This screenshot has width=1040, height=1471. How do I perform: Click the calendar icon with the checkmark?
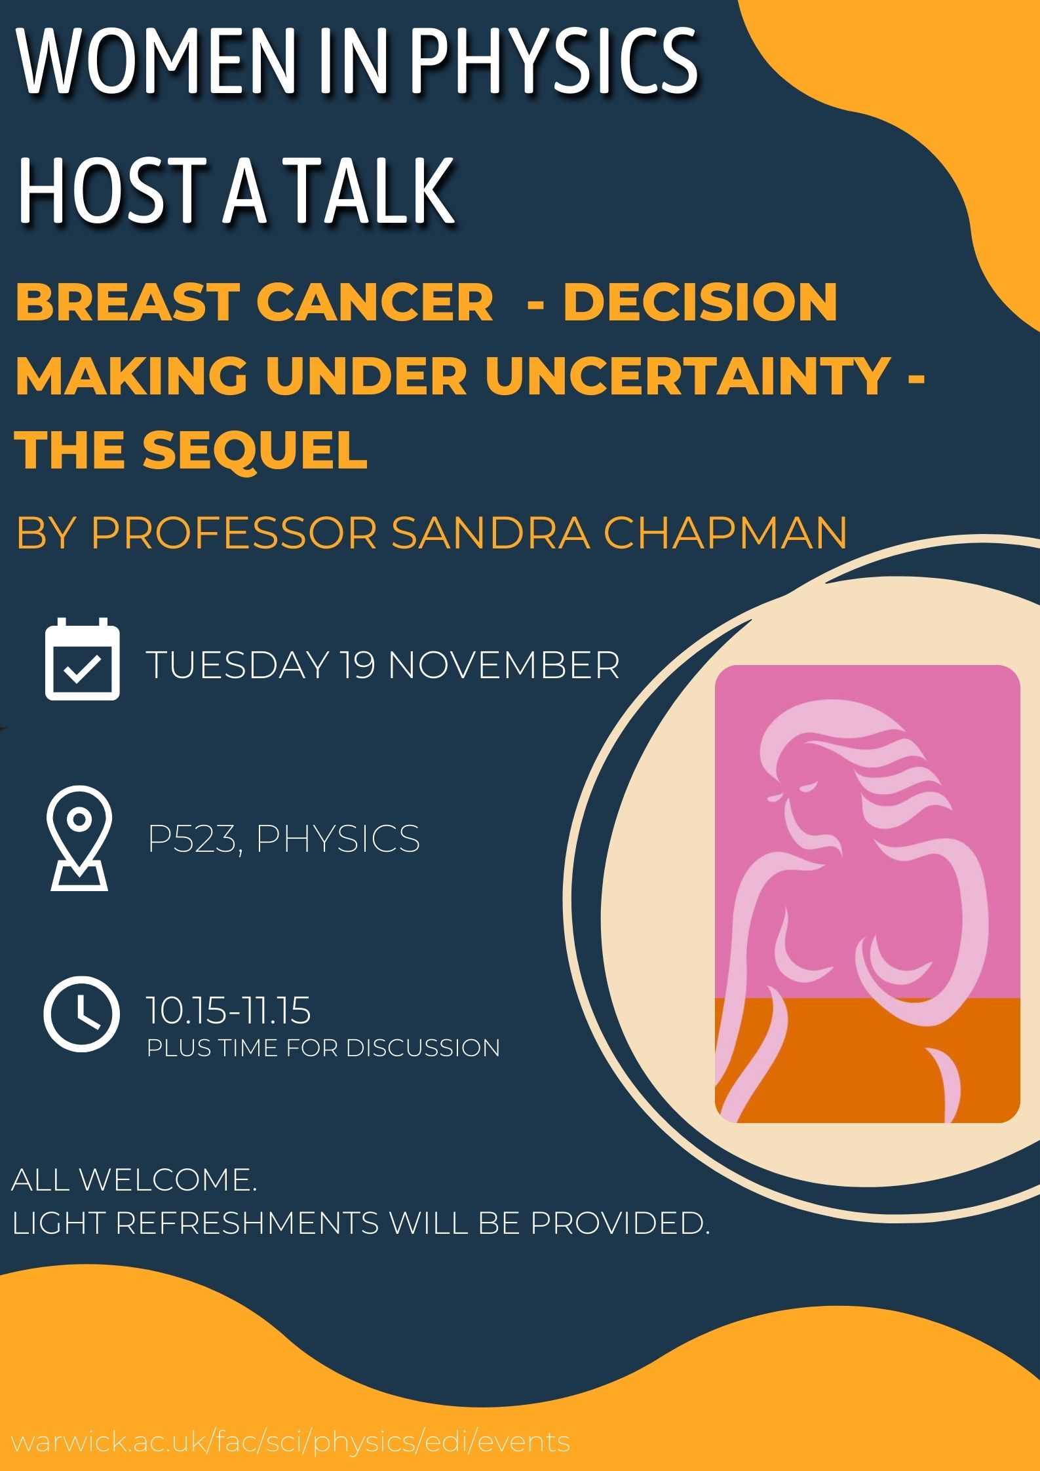pos(83,659)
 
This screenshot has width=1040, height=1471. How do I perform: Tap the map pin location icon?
pos(79,838)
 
